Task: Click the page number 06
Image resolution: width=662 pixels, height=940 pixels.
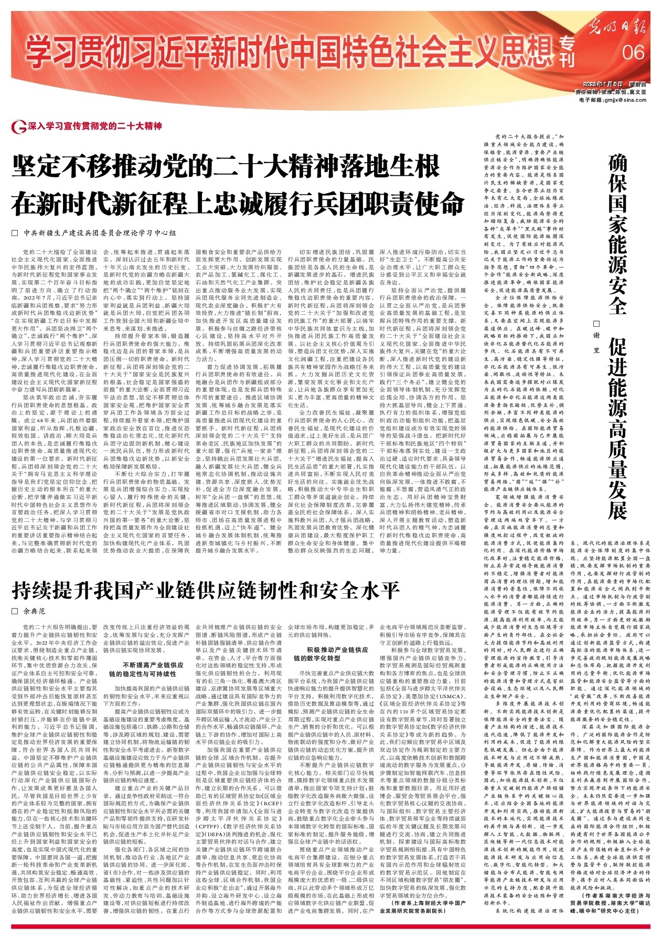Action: click(x=634, y=52)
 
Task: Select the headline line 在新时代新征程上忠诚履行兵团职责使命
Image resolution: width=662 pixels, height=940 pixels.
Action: click(x=239, y=203)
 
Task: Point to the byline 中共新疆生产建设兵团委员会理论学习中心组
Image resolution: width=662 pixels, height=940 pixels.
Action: click(x=100, y=233)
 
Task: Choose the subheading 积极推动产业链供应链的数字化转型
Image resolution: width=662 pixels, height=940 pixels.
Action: click(x=330, y=654)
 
